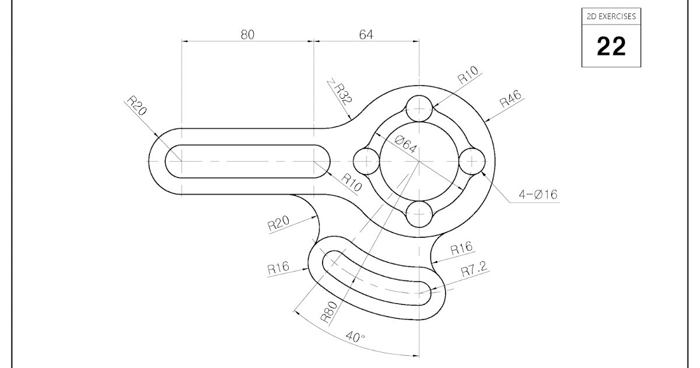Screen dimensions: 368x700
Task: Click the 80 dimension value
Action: pos(247,34)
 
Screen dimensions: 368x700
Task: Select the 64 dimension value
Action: pos(366,34)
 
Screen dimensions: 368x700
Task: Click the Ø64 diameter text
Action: pos(405,144)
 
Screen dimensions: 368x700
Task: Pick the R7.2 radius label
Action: pos(474,270)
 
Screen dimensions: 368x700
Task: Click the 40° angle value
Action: pos(355,338)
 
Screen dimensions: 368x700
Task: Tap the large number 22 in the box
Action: pos(611,46)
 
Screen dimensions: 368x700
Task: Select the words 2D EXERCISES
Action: pos(611,16)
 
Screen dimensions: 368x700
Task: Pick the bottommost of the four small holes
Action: pos(419,214)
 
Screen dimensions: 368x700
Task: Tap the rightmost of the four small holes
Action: pos(471,161)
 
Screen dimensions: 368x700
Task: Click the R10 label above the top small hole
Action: pos(467,77)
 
